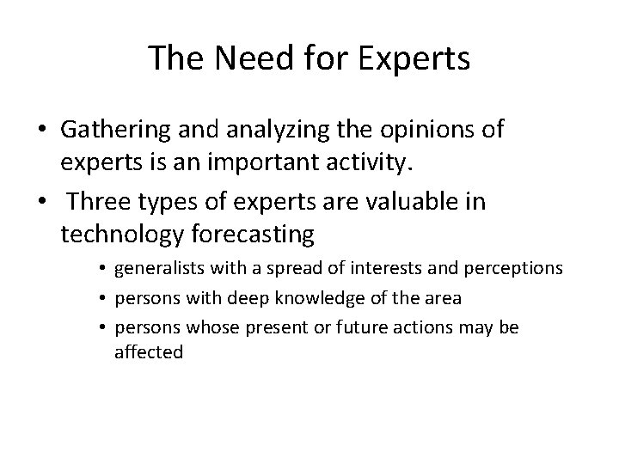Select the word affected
click(149, 352)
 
